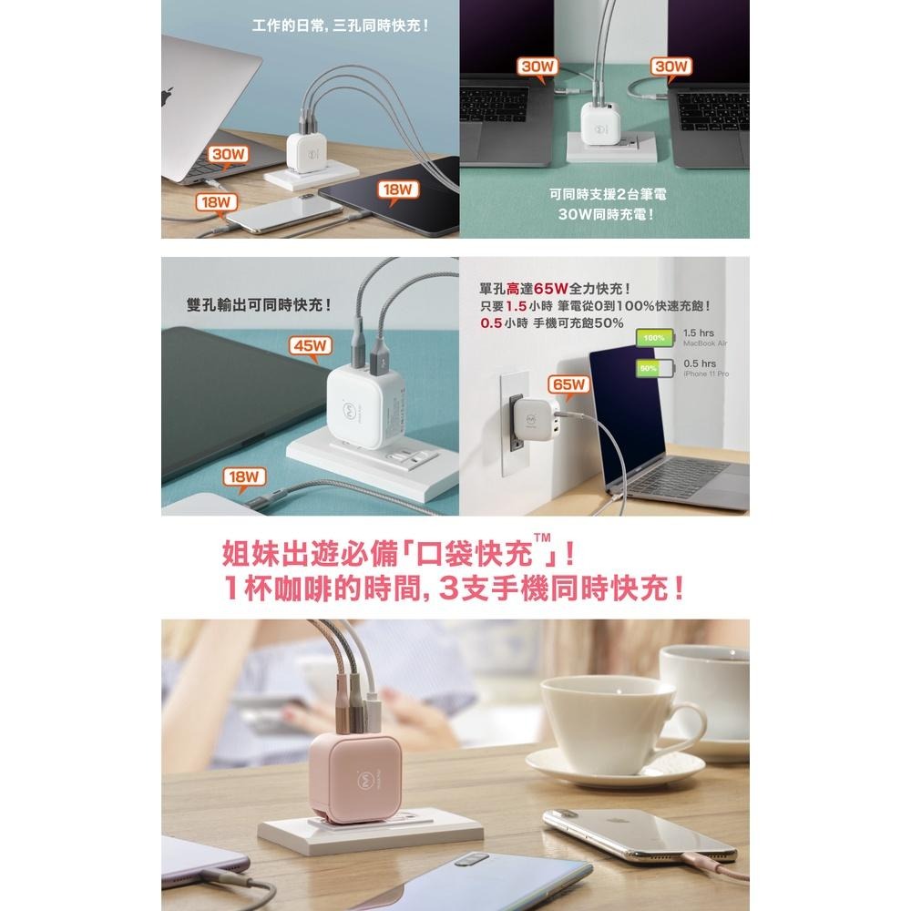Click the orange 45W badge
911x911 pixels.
click(312, 346)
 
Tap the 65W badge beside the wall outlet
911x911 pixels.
click(569, 384)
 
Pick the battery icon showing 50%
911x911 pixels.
click(651, 368)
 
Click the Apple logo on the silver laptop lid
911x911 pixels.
click(167, 97)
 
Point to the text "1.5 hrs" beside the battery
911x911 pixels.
click(699, 333)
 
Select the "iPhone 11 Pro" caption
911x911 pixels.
click(706, 374)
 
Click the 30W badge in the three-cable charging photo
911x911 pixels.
click(228, 154)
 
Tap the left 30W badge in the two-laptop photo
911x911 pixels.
click(537, 67)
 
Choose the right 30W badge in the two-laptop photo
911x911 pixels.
click(672, 67)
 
